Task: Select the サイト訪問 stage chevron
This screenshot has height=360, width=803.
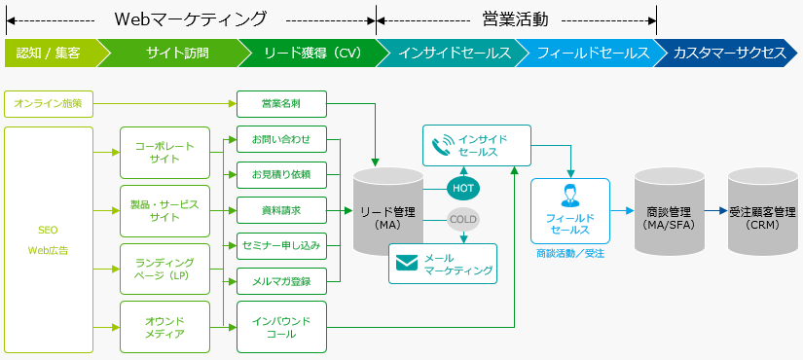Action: pos(177,53)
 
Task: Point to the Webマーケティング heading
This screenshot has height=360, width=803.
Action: pos(190,18)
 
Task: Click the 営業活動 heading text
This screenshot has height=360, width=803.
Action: pos(516,18)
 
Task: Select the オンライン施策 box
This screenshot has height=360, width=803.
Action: pos(49,102)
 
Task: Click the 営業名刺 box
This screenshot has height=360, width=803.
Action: pos(281,102)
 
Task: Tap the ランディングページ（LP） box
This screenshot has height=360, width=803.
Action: pos(164,269)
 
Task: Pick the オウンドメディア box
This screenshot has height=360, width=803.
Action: pos(164,327)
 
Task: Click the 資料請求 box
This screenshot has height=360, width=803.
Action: pos(281,209)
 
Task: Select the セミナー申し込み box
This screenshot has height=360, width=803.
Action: pos(281,244)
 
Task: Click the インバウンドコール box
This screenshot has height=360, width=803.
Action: pos(281,327)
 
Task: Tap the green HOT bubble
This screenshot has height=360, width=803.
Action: pos(463,187)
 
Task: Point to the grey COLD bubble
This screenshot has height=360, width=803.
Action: pos(463,219)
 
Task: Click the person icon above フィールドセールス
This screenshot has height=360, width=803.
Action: pos(570,194)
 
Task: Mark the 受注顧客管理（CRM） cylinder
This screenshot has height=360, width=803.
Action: pos(762,216)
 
